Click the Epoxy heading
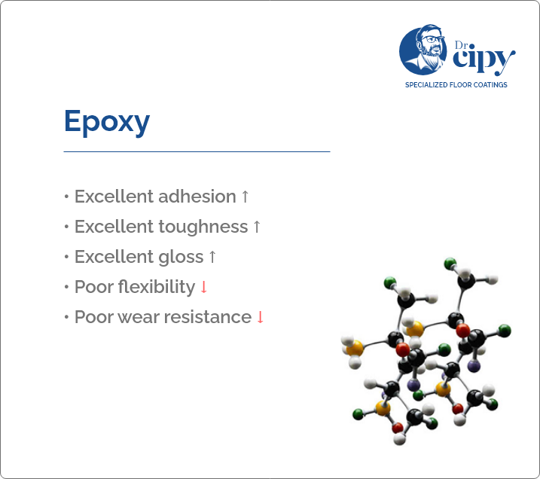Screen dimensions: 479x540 (x=107, y=121)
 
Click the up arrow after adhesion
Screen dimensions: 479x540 (x=245, y=197)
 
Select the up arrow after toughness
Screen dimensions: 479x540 (x=257, y=227)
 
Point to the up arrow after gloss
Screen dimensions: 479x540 (x=212, y=257)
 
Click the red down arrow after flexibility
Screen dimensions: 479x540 (x=203, y=287)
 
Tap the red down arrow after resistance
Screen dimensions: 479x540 (x=261, y=317)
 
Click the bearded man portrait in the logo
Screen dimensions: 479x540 (x=422, y=50)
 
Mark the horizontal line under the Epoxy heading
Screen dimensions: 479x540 (x=197, y=151)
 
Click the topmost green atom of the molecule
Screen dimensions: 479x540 (x=450, y=263)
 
